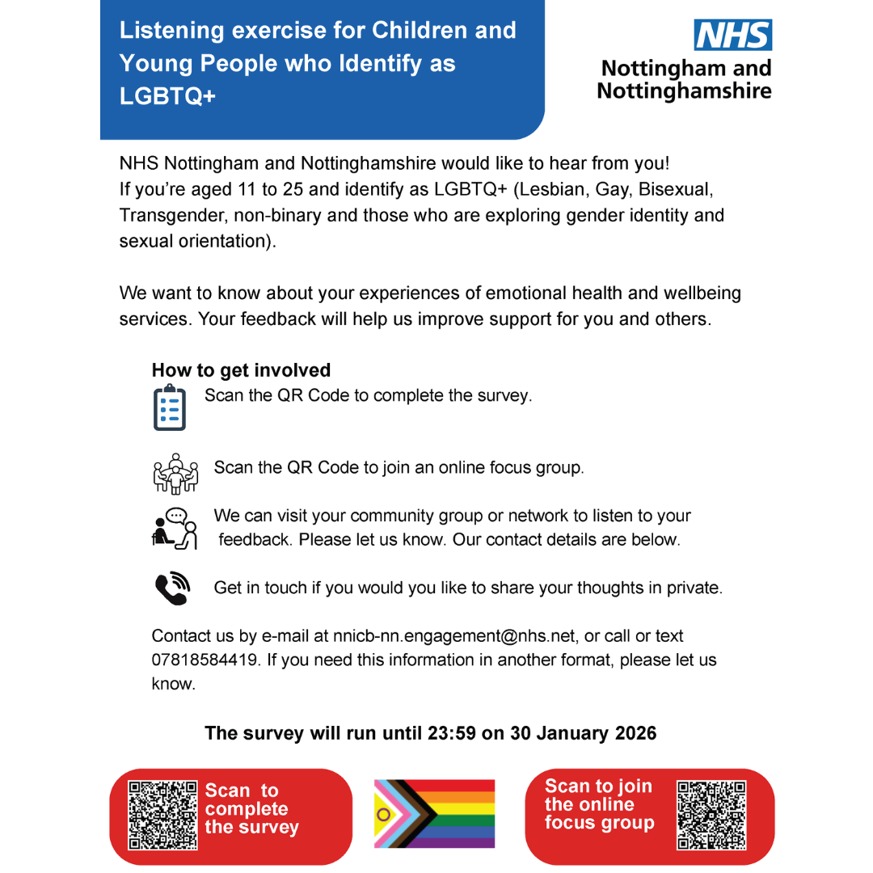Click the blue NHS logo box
[x=733, y=36]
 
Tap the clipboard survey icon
[x=169, y=408]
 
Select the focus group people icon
[x=175, y=473]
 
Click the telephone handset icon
[x=171, y=588]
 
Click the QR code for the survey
[x=163, y=815]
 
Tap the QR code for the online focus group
[x=711, y=815]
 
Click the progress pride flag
[x=434, y=813]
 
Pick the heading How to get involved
[x=241, y=370]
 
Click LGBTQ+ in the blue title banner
[x=168, y=95]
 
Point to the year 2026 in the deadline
[x=635, y=733]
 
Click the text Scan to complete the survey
[x=251, y=808]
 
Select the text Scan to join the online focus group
[x=599, y=804]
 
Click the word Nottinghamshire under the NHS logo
[x=684, y=91]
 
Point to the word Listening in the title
[x=171, y=31]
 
